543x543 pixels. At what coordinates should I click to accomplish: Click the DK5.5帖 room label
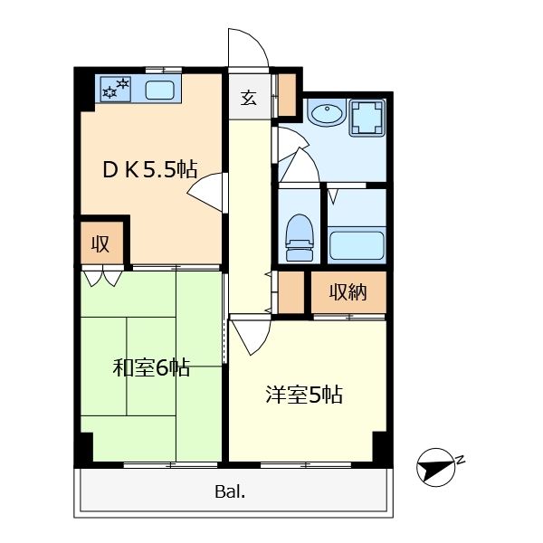tap(150, 169)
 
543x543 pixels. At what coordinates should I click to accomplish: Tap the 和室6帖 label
tap(151, 367)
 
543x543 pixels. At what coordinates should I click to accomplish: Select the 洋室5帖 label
tap(304, 394)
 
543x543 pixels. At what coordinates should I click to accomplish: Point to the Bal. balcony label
tap(230, 491)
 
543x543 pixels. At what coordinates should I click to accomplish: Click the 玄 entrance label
tap(249, 98)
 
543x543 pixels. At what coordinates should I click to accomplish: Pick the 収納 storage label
tap(348, 292)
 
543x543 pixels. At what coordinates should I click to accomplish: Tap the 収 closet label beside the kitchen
tap(100, 243)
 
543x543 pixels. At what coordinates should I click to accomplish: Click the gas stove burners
tap(116, 89)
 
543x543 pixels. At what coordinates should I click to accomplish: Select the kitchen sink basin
tap(159, 90)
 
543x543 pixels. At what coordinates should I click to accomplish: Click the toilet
tap(300, 237)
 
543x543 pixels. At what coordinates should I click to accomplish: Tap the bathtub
tap(357, 245)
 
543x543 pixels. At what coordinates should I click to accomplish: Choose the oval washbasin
tap(326, 112)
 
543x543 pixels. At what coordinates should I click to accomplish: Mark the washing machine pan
tap(367, 117)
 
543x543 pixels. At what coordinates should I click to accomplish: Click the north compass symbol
tap(435, 468)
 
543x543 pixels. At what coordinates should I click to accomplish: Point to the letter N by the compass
tap(461, 461)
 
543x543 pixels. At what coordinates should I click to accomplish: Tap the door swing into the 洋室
tap(251, 337)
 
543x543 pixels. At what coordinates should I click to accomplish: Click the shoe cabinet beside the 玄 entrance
tap(288, 94)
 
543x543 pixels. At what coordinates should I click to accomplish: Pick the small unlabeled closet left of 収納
tap(291, 292)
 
